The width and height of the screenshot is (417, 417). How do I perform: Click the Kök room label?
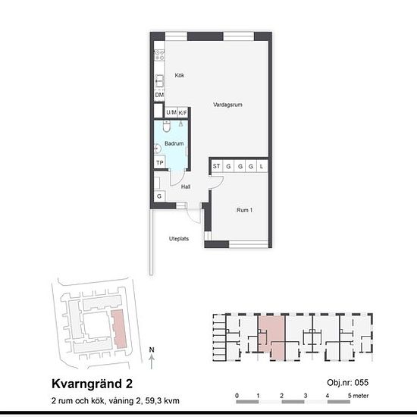pyautogui.click(x=180, y=75)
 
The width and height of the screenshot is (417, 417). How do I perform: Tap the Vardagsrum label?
pyautogui.click(x=227, y=105)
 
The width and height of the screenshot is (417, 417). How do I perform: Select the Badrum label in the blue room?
pyautogui.click(x=174, y=143)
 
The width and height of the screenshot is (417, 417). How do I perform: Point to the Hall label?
pyautogui.click(x=186, y=187)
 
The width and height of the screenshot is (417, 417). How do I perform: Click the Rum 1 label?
pyautogui.click(x=244, y=210)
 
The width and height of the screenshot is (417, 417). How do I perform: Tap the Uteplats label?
pyautogui.click(x=179, y=239)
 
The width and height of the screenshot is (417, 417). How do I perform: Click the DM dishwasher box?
pyautogui.click(x=159, y=95)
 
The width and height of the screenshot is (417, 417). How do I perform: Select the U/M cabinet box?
pyautogui.click(x=171, y=112)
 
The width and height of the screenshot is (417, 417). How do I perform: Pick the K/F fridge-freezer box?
pyautogui.click(x=183, y=113)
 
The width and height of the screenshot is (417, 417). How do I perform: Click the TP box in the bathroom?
pyautogui.click(x=160, y=162)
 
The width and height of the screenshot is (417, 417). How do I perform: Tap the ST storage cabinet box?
pyautogui.click(x=217, y=166)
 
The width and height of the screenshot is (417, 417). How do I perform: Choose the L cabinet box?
pyautogui.click(x=262, y=166)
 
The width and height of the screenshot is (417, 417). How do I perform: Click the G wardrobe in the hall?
pyautogui.click(x=159, y=196)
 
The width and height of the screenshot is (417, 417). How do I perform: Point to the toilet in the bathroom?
pyautogui.click(x=167, y=126)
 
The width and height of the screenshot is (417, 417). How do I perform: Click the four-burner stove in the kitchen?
pyautogui.click(x=159, y=55)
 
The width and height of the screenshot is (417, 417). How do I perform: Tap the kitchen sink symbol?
pyautogui.click(x=159, y=81)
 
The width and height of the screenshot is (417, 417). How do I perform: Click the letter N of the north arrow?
pyautogui.click(x=152, y=350)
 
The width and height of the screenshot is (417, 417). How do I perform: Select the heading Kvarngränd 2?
pyautogui.click(x=92, y=384)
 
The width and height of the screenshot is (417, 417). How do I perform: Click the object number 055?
pyautogui.click(x=362, y=383)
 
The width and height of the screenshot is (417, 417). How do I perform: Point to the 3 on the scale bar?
pyautogui.click(x=306, y=396)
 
